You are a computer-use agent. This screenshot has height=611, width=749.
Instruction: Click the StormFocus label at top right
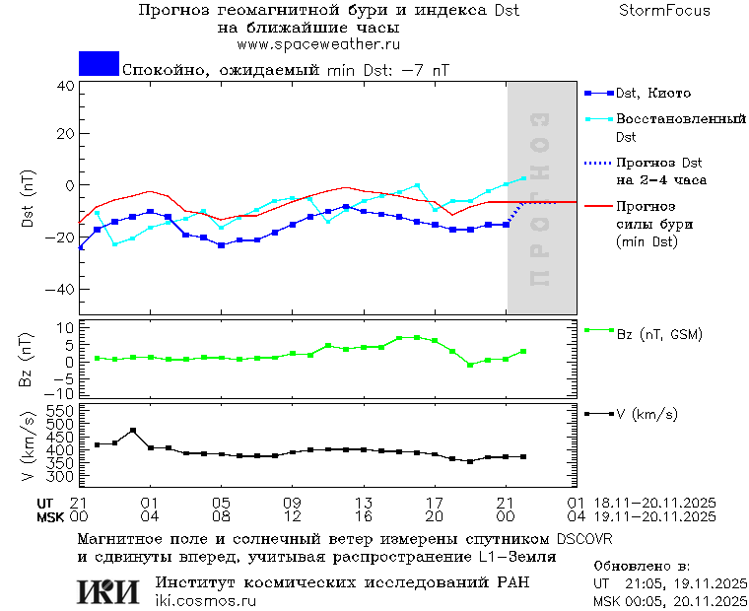[664, 11]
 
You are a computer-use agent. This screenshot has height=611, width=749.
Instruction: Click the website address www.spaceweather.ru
[317, 44]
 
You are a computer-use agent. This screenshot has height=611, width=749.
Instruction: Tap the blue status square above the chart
[99, 64]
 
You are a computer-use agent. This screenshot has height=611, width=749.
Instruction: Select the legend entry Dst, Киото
[652, 94]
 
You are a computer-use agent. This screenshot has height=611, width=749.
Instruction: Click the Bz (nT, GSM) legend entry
[658, 334]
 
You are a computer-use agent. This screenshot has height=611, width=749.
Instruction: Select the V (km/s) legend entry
[647, 414]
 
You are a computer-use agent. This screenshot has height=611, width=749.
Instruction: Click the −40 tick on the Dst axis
[61, 290]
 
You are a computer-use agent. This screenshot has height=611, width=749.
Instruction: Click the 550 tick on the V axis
[61, 410]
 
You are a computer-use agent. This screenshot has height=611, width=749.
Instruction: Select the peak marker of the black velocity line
[133, 431]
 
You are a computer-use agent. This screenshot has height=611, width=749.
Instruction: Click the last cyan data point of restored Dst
[523, 178]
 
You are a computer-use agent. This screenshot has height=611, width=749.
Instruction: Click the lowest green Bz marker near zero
[470, 365]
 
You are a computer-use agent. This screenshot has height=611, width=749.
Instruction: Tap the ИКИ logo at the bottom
[107, 590]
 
